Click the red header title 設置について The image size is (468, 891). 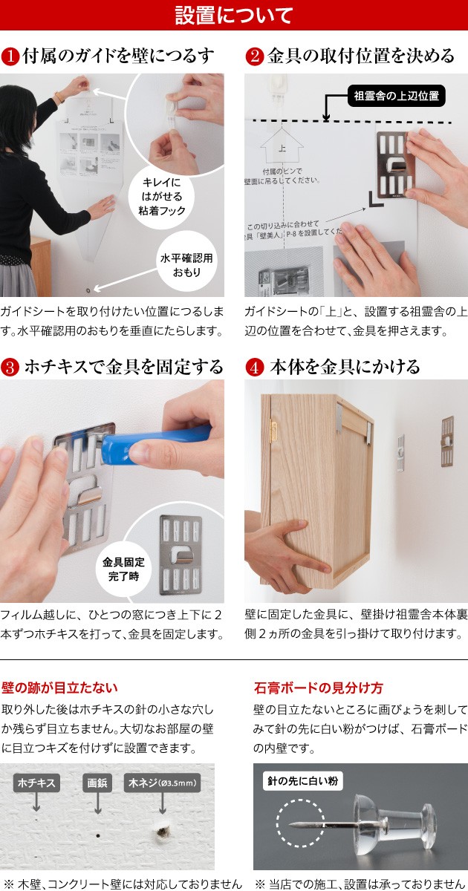[x=234, y=15]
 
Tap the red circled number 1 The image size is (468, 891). [x=10, y=56]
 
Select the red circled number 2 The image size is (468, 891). [x=255, y=56]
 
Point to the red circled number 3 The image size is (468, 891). [x=10, y=367]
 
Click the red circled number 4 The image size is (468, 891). [x=255, y=367]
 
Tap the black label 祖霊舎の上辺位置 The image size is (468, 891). [x=397, y=96]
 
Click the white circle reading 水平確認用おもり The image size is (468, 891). [x=186, y=265]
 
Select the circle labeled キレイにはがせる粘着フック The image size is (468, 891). [x=162, y=197]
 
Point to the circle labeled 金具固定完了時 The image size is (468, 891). [x=123, y=569]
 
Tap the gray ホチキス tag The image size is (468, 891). [x=36, y=783]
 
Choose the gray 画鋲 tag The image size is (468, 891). [x=97, y=783]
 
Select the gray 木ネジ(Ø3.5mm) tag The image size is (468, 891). [x=163, y=783]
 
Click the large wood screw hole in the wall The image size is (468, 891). [x=162, y=832]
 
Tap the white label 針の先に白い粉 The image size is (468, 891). [x=302, y=781]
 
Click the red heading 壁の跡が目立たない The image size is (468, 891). [x=59, y=688]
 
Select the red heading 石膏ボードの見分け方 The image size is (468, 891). [x=319, y=688]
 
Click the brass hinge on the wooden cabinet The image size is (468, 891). [x=273, y=431]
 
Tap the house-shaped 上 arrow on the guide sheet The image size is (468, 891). [x=282, y=146]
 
